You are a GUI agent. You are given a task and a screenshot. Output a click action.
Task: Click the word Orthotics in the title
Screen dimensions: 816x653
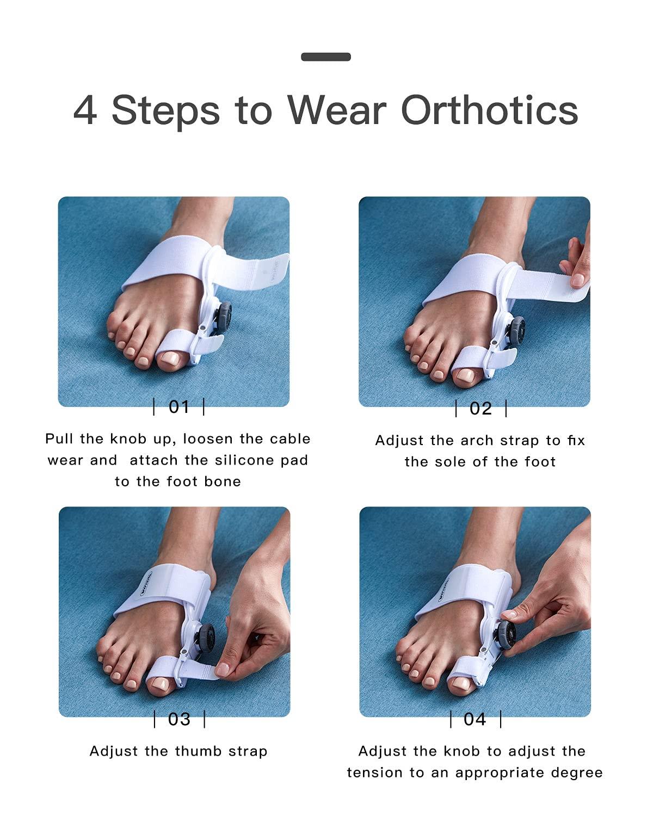tap(489, 110)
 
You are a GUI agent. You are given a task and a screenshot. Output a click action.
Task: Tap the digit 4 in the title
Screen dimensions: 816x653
tap(85, 110)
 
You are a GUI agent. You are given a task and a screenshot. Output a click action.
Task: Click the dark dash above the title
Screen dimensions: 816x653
tap(326, 57)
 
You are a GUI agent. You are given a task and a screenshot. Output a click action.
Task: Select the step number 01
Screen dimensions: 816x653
tap(179, 406)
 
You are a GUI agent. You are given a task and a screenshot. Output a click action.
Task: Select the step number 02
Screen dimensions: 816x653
tap(480, 408)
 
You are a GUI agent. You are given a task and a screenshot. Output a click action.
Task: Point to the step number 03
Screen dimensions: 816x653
tap(179, 719)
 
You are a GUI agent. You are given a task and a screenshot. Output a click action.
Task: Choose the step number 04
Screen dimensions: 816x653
tap(475, 719)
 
